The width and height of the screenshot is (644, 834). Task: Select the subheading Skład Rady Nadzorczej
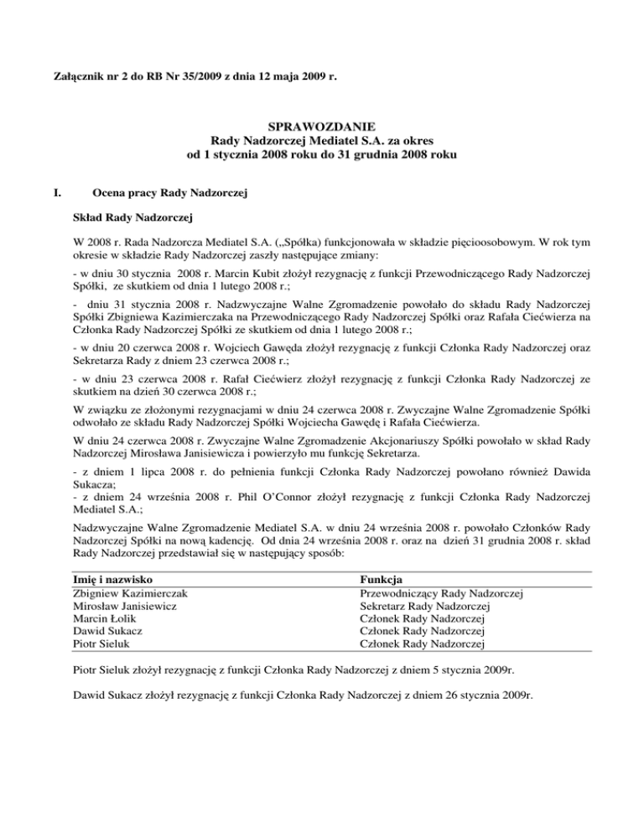(x=133, y=219)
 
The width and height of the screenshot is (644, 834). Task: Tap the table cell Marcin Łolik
(x=107, y=619)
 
